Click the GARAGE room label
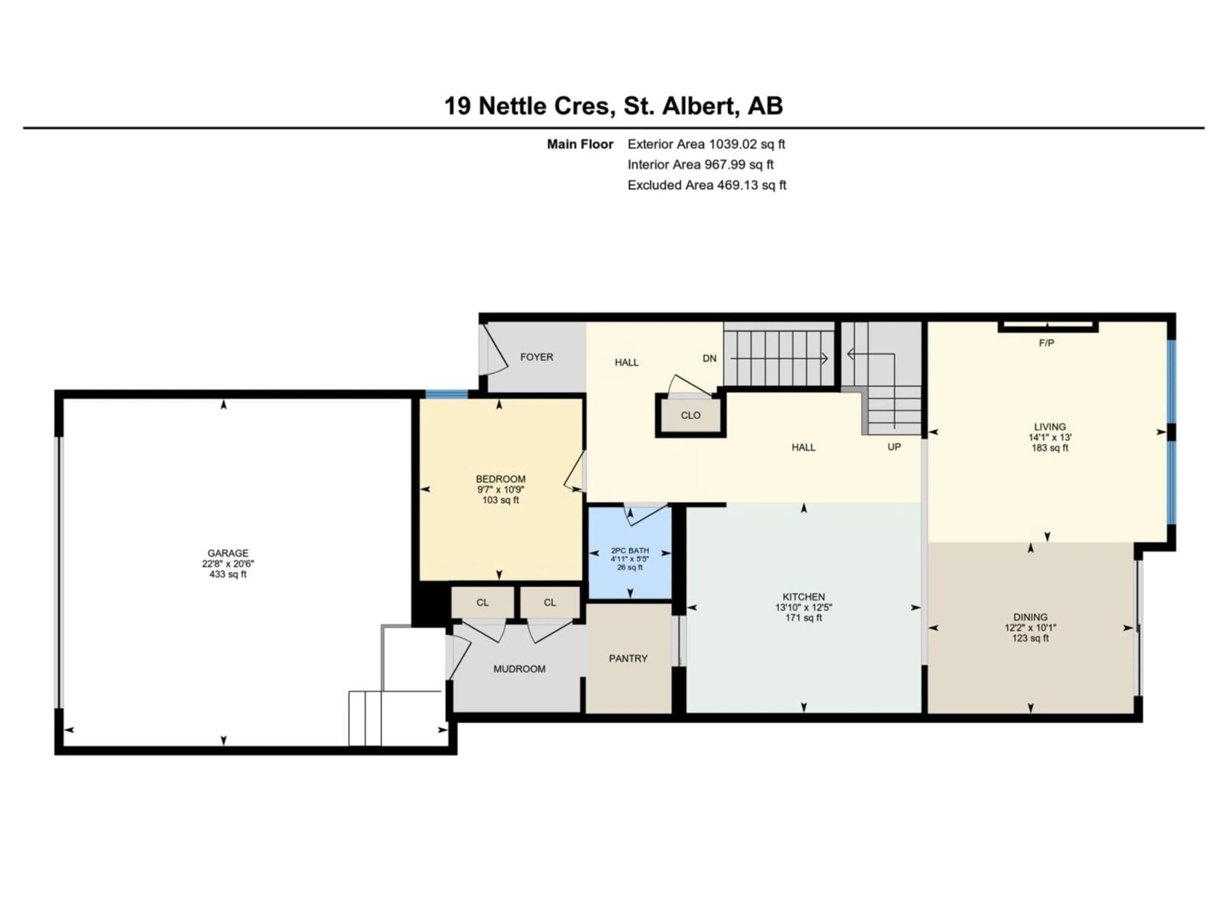click(x=228, y=553)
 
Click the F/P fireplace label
click(x=1046, y=343)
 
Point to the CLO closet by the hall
click(x=690, y=415)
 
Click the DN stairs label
click(x=709, y=358)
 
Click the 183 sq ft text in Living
click(x=1049, y=448)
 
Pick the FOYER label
click(x=536, y=357)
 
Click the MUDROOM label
click(x=519, y=669)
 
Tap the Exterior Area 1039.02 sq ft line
click(x=706, y=144)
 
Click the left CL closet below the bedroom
click(x=482, y=602)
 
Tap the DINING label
click(x=1030, y=617)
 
